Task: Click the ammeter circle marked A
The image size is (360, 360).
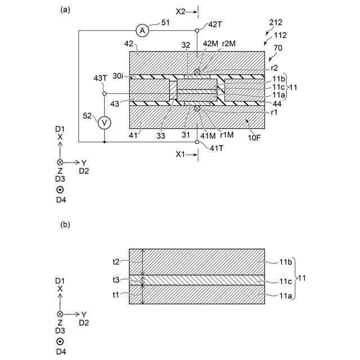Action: (x=143, y=31)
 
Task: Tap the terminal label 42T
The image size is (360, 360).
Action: (x=215, y=24)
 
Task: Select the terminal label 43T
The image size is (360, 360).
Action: (x=100, y=78)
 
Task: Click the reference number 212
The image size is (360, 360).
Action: (x=276, y=24)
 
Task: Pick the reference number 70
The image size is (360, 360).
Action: (x=278, y=48)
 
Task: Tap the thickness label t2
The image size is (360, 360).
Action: (x=116, y=262)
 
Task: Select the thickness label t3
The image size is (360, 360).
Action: (x=116, y=280)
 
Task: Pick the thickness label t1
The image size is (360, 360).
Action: (x=116, y=294)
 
